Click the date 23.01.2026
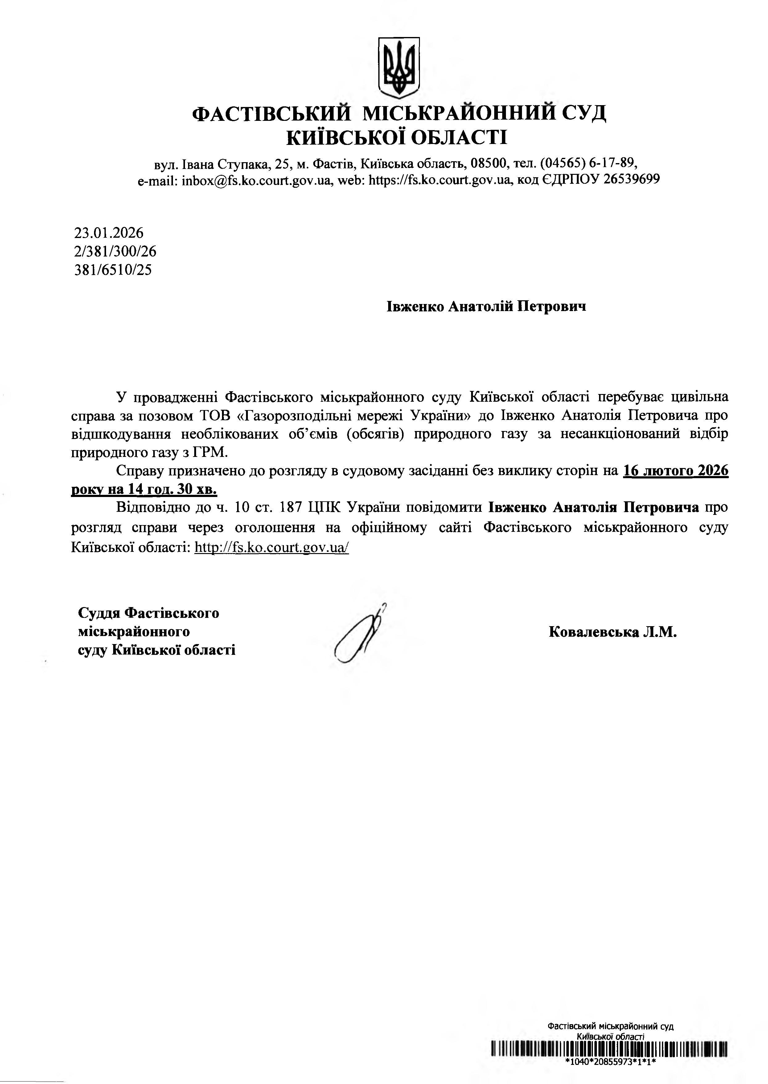109,233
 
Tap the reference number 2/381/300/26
115,251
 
